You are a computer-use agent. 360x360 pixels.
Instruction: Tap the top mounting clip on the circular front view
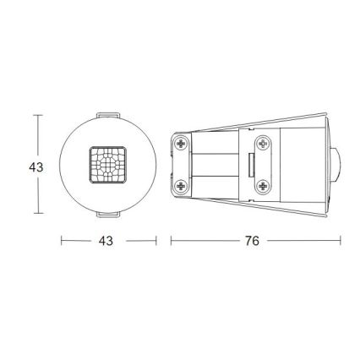tap(108, 114)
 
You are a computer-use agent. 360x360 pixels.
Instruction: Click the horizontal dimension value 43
tap(106, 241)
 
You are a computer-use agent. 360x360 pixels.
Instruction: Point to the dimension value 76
tap(252, 241)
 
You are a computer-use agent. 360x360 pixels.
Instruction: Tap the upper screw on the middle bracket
tap(262, 143)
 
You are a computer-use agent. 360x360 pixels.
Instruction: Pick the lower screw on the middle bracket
tap(262, 186)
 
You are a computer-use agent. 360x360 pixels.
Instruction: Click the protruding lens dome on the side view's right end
tap(336, 165)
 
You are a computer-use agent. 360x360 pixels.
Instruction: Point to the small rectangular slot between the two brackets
tap(251, 165)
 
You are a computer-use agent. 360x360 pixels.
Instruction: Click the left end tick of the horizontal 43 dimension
tap(61, 241)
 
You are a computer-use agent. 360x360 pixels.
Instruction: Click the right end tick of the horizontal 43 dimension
tap(156, 241)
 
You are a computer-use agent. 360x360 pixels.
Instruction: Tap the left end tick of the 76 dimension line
tap(172, 241)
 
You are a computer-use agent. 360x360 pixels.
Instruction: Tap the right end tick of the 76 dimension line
tap(341, 241)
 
